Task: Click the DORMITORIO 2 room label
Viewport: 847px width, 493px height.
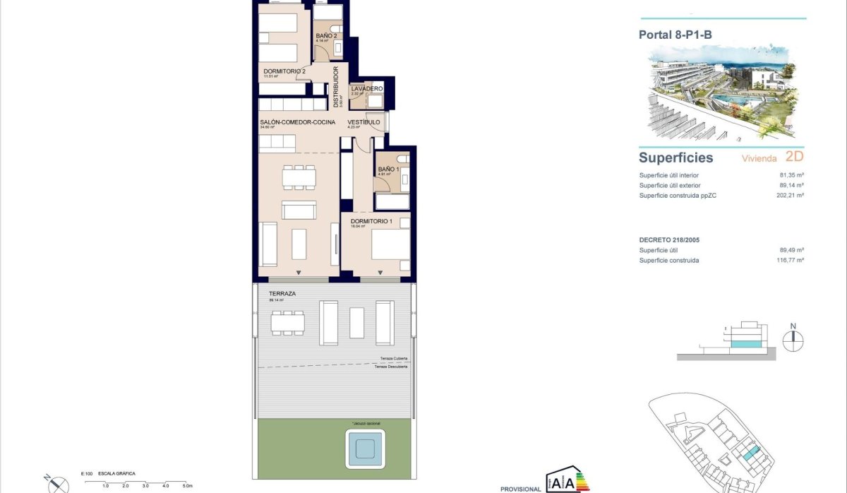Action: click(284, 71)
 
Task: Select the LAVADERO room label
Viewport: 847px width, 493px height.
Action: click(366, 88)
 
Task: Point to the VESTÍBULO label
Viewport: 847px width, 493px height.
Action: click(364, 122)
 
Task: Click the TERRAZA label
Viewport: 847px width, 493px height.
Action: click(282, 292)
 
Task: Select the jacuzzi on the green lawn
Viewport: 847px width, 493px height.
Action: click(364, 447)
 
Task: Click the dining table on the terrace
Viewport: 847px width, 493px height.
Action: click(289, 323)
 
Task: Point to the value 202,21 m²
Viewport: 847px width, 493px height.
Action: click(789, 195)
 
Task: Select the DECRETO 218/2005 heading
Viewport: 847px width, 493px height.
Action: click(669, 240)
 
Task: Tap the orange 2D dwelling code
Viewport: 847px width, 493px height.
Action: click(793, 158)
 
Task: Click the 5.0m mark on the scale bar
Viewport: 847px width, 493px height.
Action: click(188, 486)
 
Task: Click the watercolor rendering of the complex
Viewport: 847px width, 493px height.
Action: click(724, 95)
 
